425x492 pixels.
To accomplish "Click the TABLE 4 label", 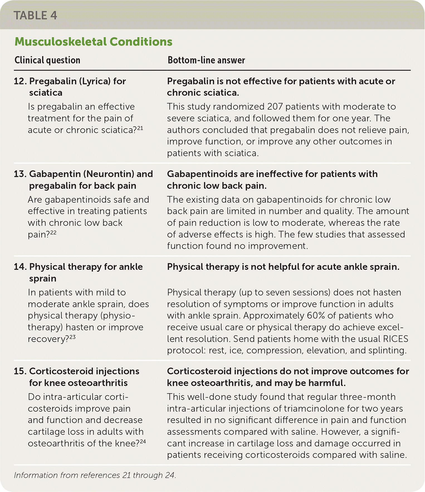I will click(35, 16).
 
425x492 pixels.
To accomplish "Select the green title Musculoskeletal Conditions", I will click(93, 42).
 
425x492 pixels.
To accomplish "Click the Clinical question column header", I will click(47, 60).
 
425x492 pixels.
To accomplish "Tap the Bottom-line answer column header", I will click(206, 60).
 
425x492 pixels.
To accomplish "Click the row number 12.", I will click(20, 81).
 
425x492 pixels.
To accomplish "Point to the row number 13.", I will click(20, 174).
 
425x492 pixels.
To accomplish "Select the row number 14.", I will click(20, 267).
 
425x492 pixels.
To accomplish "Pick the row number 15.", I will click(20, 371).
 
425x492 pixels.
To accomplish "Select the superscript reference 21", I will click(140, 128).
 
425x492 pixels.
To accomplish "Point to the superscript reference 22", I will click(53, 232).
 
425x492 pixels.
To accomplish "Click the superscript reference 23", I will click(72, 337).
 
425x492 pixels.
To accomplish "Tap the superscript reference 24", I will click(143, 441).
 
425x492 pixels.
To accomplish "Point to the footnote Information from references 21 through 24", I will click(95, 475).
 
